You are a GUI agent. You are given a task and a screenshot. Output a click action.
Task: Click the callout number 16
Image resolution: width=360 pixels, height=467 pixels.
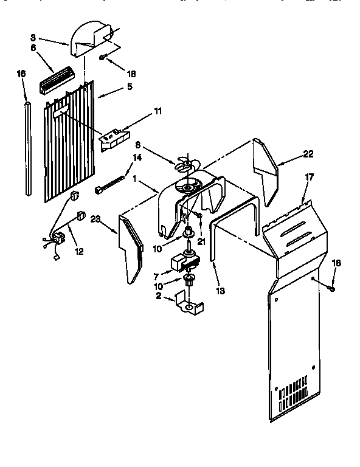point(21,74)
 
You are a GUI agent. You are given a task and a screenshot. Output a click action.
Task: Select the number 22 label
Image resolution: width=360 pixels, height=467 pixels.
point(308,154)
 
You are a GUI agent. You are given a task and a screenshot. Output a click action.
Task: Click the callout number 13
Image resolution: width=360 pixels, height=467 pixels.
point(220,291)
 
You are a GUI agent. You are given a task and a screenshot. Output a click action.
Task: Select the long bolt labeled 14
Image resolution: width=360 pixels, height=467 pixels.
point(110,184)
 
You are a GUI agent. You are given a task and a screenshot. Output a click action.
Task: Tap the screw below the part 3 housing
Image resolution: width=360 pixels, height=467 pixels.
point(103,58)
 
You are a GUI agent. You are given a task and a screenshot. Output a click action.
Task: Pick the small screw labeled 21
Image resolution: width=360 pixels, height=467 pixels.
point(198,215)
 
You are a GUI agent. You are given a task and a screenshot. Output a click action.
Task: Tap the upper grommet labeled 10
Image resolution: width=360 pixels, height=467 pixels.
point(188,232)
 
